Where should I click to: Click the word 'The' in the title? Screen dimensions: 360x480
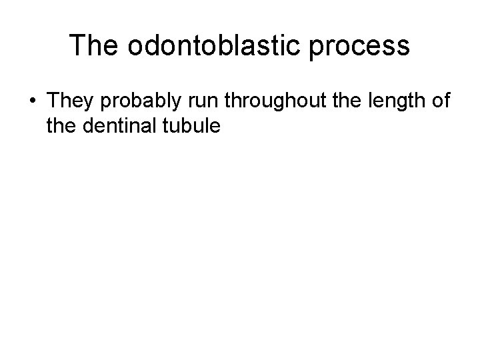click(x=93, y=47)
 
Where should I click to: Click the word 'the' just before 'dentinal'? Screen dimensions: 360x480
click(x=62, y=125)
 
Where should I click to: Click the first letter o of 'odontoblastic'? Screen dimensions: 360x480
click(x=131, y=48)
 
